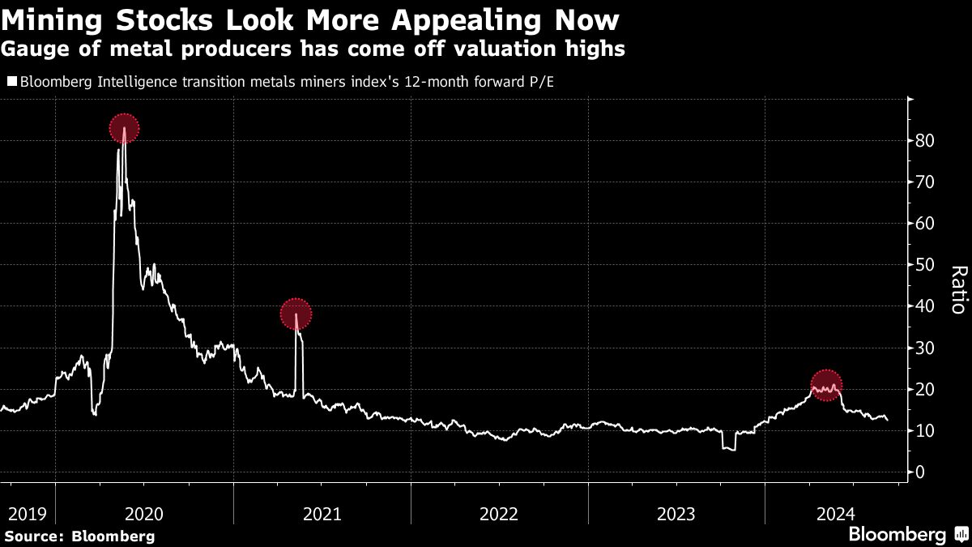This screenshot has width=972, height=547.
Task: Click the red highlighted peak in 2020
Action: pyautogui.click(x=124, y=128)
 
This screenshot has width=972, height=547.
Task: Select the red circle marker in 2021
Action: pyautogui.click(x=296, y=314)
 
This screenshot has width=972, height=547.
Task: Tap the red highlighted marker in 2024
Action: pyautogui.click(x=826, y=385)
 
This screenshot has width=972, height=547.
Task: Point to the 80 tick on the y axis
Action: pyautogui.click(x=926, y=141)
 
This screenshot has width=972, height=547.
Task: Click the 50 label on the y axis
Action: pyautogui.click(x=926, y=265)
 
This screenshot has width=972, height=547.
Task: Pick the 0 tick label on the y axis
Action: pyautogui.click(x=920, y=472)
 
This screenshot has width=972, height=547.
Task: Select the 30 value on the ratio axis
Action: pyautogui.click(x=926, y=348)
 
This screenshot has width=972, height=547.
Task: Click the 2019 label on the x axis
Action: pyautogui.click(x=27, y=513)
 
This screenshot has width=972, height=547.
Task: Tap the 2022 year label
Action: pyautogui.click(x=499, y=513)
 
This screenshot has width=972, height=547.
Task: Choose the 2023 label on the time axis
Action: pyautogui.click(x=676, y=513)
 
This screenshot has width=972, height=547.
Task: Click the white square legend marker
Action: pyautogui.click(x=11, y=81)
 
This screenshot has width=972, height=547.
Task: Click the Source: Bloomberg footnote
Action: pyautogui.click(x=79, y=536)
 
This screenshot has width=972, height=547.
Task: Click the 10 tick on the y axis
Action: pyautogui.click(x=926, y=430)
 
